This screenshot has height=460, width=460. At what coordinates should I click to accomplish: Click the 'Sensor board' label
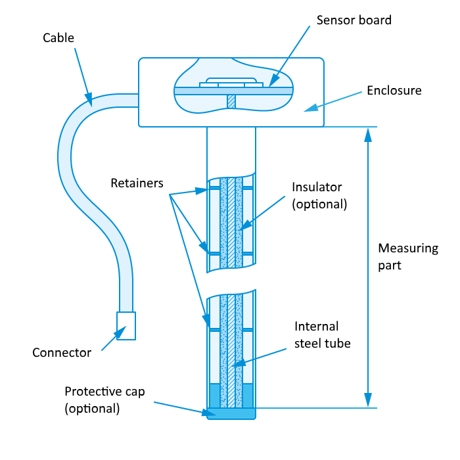click(x=354, y=20)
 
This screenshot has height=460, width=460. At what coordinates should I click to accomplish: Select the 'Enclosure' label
click(x=394, y=90)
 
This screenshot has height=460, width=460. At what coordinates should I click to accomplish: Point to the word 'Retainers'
click(x=137, y=183)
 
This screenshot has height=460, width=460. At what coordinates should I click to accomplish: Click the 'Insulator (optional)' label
click(x=319, y=195)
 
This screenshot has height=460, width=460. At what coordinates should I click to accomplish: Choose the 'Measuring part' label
click(x=407, y=257)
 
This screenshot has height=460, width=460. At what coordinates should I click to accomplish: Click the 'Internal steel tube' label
click(x=322, y=334)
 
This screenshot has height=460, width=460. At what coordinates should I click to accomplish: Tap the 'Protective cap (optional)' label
click(x=104, y=400)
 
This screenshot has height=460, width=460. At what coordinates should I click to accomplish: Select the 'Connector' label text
click(x=62, y=353)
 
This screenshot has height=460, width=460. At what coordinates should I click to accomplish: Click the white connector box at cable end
click(x=126, y=325)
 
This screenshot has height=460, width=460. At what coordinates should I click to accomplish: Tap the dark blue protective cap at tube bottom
click(x=230, y=414)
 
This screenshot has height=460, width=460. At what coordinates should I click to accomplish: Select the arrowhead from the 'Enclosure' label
click(x=307, y=109)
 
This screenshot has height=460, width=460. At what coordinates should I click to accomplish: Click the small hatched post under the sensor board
click(x=231, y=101)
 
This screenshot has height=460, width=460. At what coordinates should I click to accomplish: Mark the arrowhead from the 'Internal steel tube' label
click(x=232, y=365)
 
